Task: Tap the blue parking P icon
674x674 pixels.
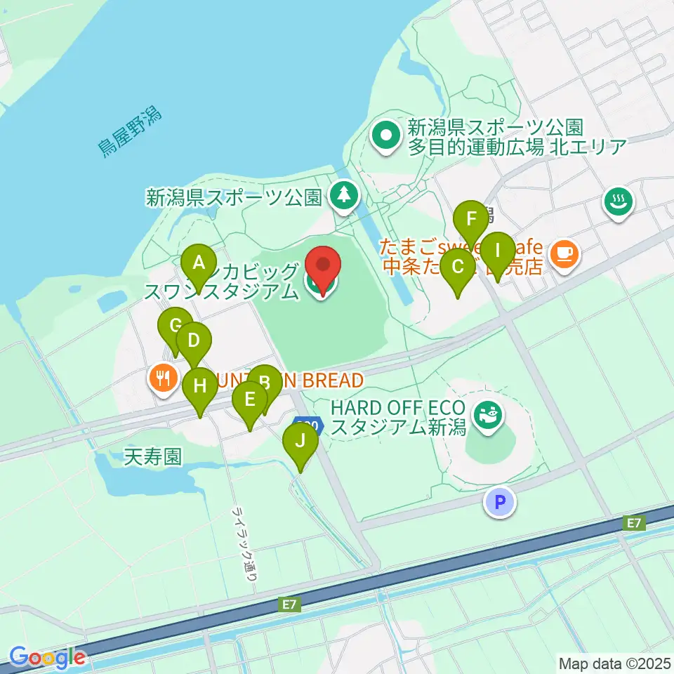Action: click(x=500, y=502)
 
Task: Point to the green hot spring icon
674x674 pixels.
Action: click(x=619, y=202)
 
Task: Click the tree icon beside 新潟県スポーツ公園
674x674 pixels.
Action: click(x=343, y=197)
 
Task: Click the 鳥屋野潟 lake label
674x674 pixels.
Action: click(x=129, y=132)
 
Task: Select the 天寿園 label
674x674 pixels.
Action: click(x=152, y=458)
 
